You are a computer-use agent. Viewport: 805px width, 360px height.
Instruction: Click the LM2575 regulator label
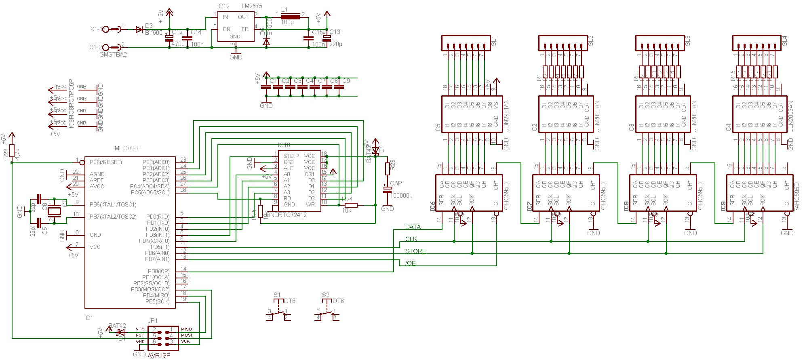click(252, 6)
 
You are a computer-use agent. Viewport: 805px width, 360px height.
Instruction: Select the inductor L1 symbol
click(290, 17)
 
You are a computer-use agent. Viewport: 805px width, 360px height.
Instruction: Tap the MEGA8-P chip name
click(127, 148)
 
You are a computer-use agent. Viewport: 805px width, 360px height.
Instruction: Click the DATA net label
click(413, 227)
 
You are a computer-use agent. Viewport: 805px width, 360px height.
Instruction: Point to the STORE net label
click(415, 251)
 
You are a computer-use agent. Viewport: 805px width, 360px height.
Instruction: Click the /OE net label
click(411, 263)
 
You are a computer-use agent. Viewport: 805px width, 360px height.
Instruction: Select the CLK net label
click(411, 239)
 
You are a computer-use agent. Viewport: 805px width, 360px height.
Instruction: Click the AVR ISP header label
click(159, 356)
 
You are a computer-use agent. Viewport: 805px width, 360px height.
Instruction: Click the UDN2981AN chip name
click(506, 116)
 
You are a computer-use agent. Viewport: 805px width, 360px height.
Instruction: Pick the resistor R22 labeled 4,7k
click(12, 151)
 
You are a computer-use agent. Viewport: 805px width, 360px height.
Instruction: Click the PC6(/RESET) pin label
click(105, 162)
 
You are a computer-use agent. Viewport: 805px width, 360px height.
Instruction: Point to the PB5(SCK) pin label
click(157, 301)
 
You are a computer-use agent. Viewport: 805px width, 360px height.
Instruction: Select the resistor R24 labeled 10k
click(351, 205)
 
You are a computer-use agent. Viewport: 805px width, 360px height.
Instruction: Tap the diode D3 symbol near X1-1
click(139, 29)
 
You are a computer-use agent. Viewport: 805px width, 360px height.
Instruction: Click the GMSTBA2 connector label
click(113, 55)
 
